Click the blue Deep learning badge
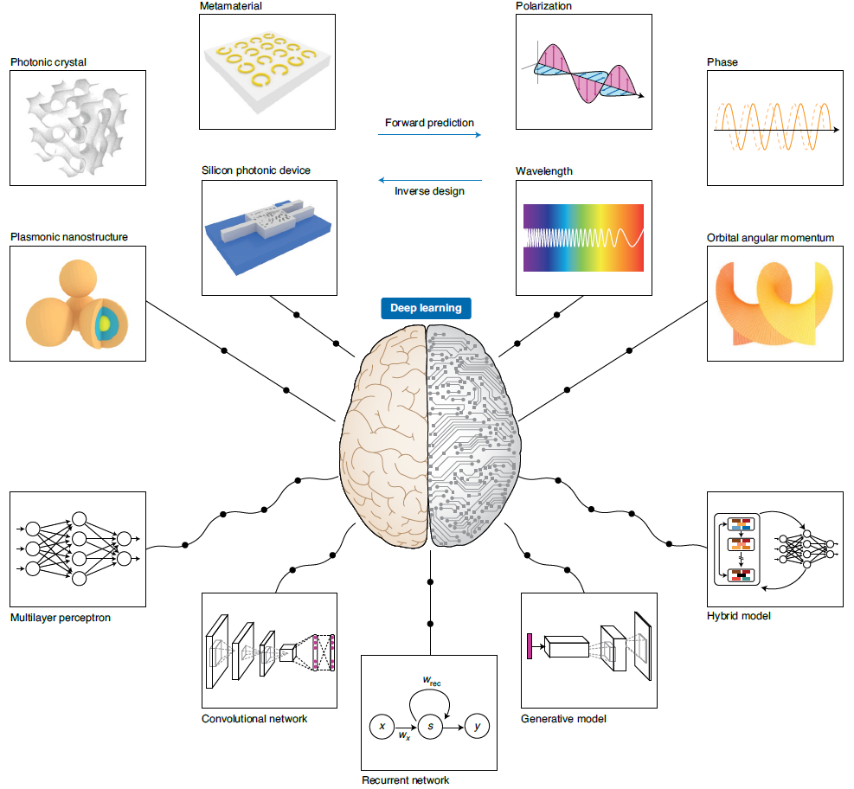[x=426, y=308]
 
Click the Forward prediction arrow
[x=430, y=134]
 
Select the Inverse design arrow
[x=430, y=180]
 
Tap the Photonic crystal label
[x=48, y=62]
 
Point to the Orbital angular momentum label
[x=770, y=237]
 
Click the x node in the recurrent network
[x=382, y=726]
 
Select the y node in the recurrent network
[x=477, y=726]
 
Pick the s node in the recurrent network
[x=430, y=727]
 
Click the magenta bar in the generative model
[x=530, y=646]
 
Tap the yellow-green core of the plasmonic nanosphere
[x=105, y=324]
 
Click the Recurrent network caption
[x=406, y=779]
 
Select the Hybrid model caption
[x=739, y=616]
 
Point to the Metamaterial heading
[x=231, y=6]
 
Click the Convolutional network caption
[x=254, y=719]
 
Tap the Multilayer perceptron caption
[x=61, y=618]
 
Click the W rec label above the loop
[x=432, y=681]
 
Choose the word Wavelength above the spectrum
[x=544, y=171]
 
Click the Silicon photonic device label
[x=256, y=170]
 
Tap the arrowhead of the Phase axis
[x=836, y=130]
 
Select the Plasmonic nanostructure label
[x=69, y=237]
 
